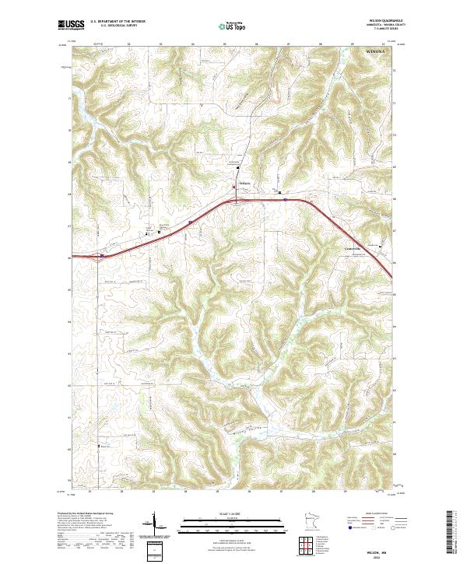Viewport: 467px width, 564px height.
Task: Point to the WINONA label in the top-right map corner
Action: click(x=378, y=51)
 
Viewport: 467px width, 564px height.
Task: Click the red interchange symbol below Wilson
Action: click(x=234, y=200)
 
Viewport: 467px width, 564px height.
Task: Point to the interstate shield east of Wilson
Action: click(x=286, y=199)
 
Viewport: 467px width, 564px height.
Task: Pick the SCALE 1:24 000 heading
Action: click(x=222, y=513)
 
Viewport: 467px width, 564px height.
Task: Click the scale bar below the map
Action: click(x=222, y=524)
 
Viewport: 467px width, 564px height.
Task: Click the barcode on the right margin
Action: click(x=454, y=533)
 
